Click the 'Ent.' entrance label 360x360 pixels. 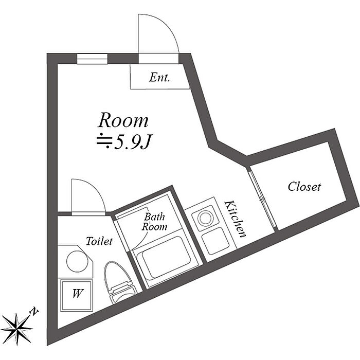[159, 77]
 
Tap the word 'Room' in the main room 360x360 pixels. [123, 120]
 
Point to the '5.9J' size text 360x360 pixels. [132, 143]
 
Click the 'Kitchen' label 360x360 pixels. [236, 219]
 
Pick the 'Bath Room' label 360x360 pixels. [154, 222]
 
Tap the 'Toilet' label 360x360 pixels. [99, 241]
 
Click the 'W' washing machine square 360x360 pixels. [77, 295]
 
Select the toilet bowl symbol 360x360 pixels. [119, 282]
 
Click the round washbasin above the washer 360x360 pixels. [77, 261]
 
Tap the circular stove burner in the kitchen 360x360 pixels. [206, 218]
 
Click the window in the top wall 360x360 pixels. [92, 59]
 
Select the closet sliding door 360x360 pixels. [262, 197]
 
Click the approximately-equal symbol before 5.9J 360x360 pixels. [104, 142]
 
